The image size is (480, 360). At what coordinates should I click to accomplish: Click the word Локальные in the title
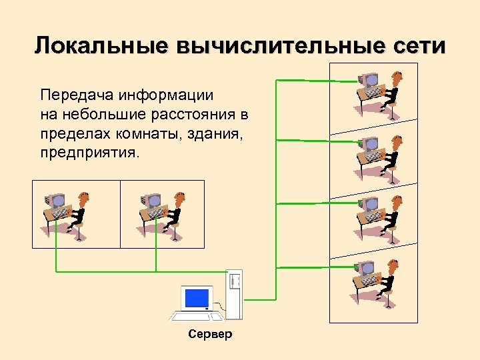(99, 46)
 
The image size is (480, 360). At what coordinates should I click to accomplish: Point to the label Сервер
(210, 334)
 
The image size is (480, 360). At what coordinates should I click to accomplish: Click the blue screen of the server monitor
(197, 297)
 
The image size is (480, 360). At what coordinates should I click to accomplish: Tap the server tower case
(234, 293)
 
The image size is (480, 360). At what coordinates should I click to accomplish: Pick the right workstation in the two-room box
(161, 212)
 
